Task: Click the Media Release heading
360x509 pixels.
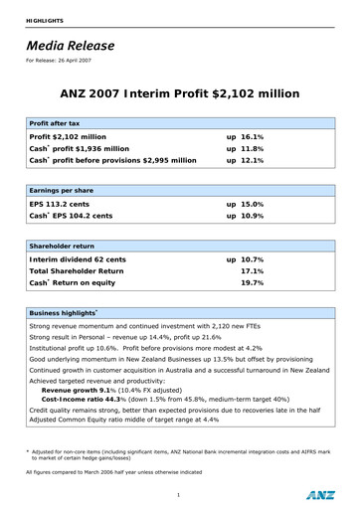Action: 70,46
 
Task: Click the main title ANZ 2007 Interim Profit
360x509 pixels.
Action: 179,94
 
